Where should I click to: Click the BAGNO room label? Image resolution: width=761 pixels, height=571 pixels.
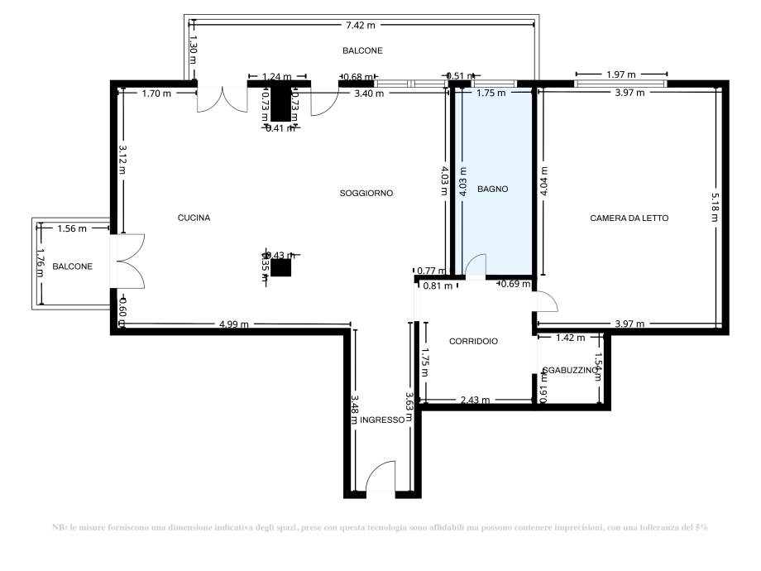[492, 190]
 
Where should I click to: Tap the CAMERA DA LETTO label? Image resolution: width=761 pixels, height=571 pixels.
[629, 218]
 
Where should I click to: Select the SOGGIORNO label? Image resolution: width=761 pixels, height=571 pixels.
[366, 193]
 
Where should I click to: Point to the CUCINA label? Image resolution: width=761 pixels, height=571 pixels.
[194, 218]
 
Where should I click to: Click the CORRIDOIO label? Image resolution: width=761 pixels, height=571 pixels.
[473, 341]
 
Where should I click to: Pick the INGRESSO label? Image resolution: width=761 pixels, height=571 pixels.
[381, 420]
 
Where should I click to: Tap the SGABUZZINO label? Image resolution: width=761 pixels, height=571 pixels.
[569, 372]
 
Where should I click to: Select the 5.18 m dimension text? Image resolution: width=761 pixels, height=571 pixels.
[716, 203]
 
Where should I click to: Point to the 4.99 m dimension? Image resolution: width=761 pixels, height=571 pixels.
[234, 324]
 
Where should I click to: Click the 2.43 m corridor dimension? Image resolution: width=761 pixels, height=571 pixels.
[474, 401]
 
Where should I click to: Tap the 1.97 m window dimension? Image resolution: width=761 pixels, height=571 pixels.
[620, 75]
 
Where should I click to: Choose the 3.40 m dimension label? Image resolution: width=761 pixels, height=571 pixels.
[369, 94]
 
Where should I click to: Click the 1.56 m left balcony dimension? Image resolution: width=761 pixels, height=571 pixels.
[72, 228]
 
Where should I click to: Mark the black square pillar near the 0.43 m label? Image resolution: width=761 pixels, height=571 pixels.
[281, 267]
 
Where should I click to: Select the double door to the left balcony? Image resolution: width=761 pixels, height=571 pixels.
[129, 260]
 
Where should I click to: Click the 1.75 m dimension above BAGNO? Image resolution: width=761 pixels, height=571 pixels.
[491, 94]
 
